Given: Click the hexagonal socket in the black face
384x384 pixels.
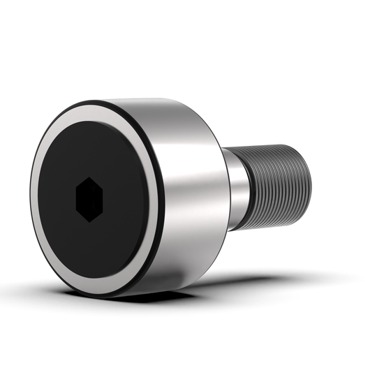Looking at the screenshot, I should click(89, 199).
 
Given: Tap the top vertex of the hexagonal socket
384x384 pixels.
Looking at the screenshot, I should click(89, 177).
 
